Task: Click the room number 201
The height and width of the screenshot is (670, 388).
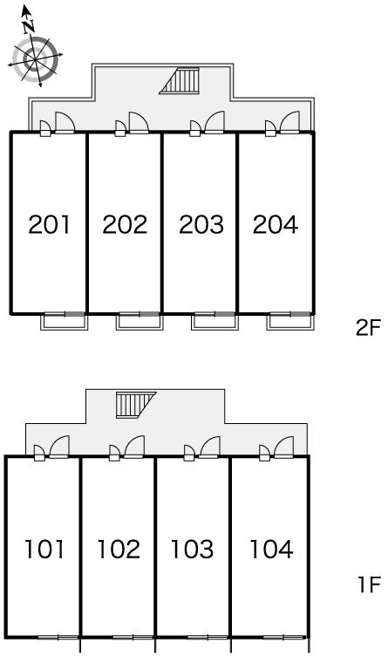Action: pyautogui.click(x=49, y=224)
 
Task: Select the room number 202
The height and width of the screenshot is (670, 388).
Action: pyautogui.click(x=125, y=224)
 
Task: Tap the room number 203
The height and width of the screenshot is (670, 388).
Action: pyautogui.click(x=201, y=224)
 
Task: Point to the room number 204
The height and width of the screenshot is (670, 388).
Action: pyautogui.click(x=276, y=224)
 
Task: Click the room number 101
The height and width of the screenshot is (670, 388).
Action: pyautogui.click(x=44, y=549)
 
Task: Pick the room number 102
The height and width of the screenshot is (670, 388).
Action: pyautogui.click(x=119, y=549)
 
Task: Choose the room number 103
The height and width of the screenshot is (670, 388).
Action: pyautogui.click(x=192, y=549)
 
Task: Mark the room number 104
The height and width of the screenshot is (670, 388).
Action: pyautogui.click(x=271, y=549)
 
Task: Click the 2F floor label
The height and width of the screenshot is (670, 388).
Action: pyautogui.click(x=368, y=328)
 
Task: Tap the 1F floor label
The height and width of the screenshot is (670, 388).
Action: pyautogui.click(x=369, y=585)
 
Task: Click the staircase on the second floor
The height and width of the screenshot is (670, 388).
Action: pyautogui.click(x=180, y=81)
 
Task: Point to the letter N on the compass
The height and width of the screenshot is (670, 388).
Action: pyautogui.click(x=29, y=27)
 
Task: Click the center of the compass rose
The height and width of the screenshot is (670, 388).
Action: pyautogui.click(x=35, y=59)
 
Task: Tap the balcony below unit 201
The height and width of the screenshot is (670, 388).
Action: pyautogui.click(x=65, y=321)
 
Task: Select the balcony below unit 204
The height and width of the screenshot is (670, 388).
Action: pyautogui.click(x=290, y=321)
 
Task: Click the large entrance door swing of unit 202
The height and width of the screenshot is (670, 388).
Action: pyautogui.click(x=139, y=123)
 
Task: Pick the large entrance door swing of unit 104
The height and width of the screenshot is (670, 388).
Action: pyautogui.click(x=284, y=447)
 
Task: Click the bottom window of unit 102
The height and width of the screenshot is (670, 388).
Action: pyautogui.click(x=133, y=637)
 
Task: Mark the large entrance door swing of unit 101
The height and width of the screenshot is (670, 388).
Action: pyautogui.click(x=59, y=447)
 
